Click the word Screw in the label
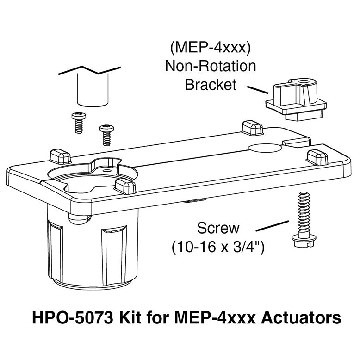click(x=218, y=228)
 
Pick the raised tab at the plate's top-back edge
click(x=253, y=127)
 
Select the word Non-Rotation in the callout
click(x=211, y=66)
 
